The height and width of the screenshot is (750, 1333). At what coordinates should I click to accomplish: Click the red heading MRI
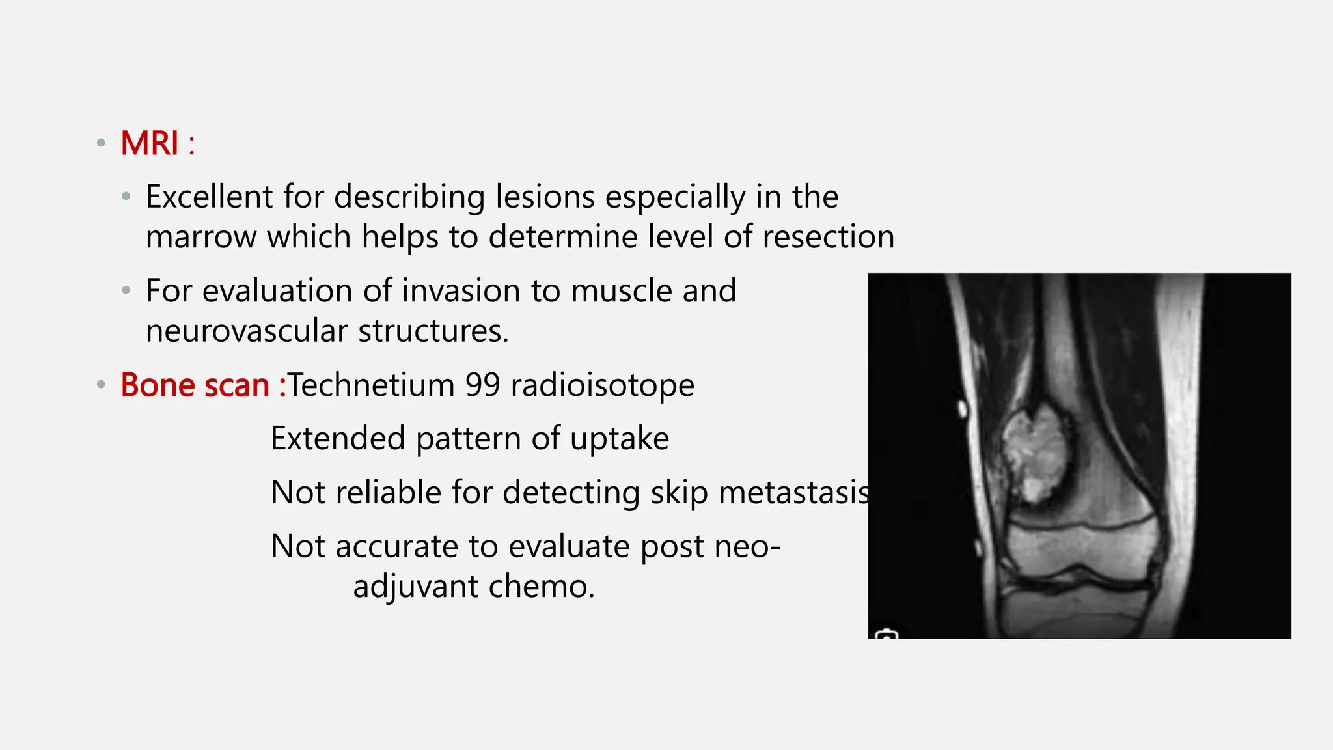(150, 143)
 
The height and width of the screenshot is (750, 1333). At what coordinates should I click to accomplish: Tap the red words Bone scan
(195, 385)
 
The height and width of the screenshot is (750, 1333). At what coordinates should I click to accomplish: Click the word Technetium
(371, 385)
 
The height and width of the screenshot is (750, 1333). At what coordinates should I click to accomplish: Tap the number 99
(482, 385)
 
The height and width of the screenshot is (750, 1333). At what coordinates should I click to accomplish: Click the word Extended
(338, 438)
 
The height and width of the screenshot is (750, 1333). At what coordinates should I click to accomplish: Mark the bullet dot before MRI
(101, 143)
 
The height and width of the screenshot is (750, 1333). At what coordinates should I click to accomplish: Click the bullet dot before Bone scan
(101, 385)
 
